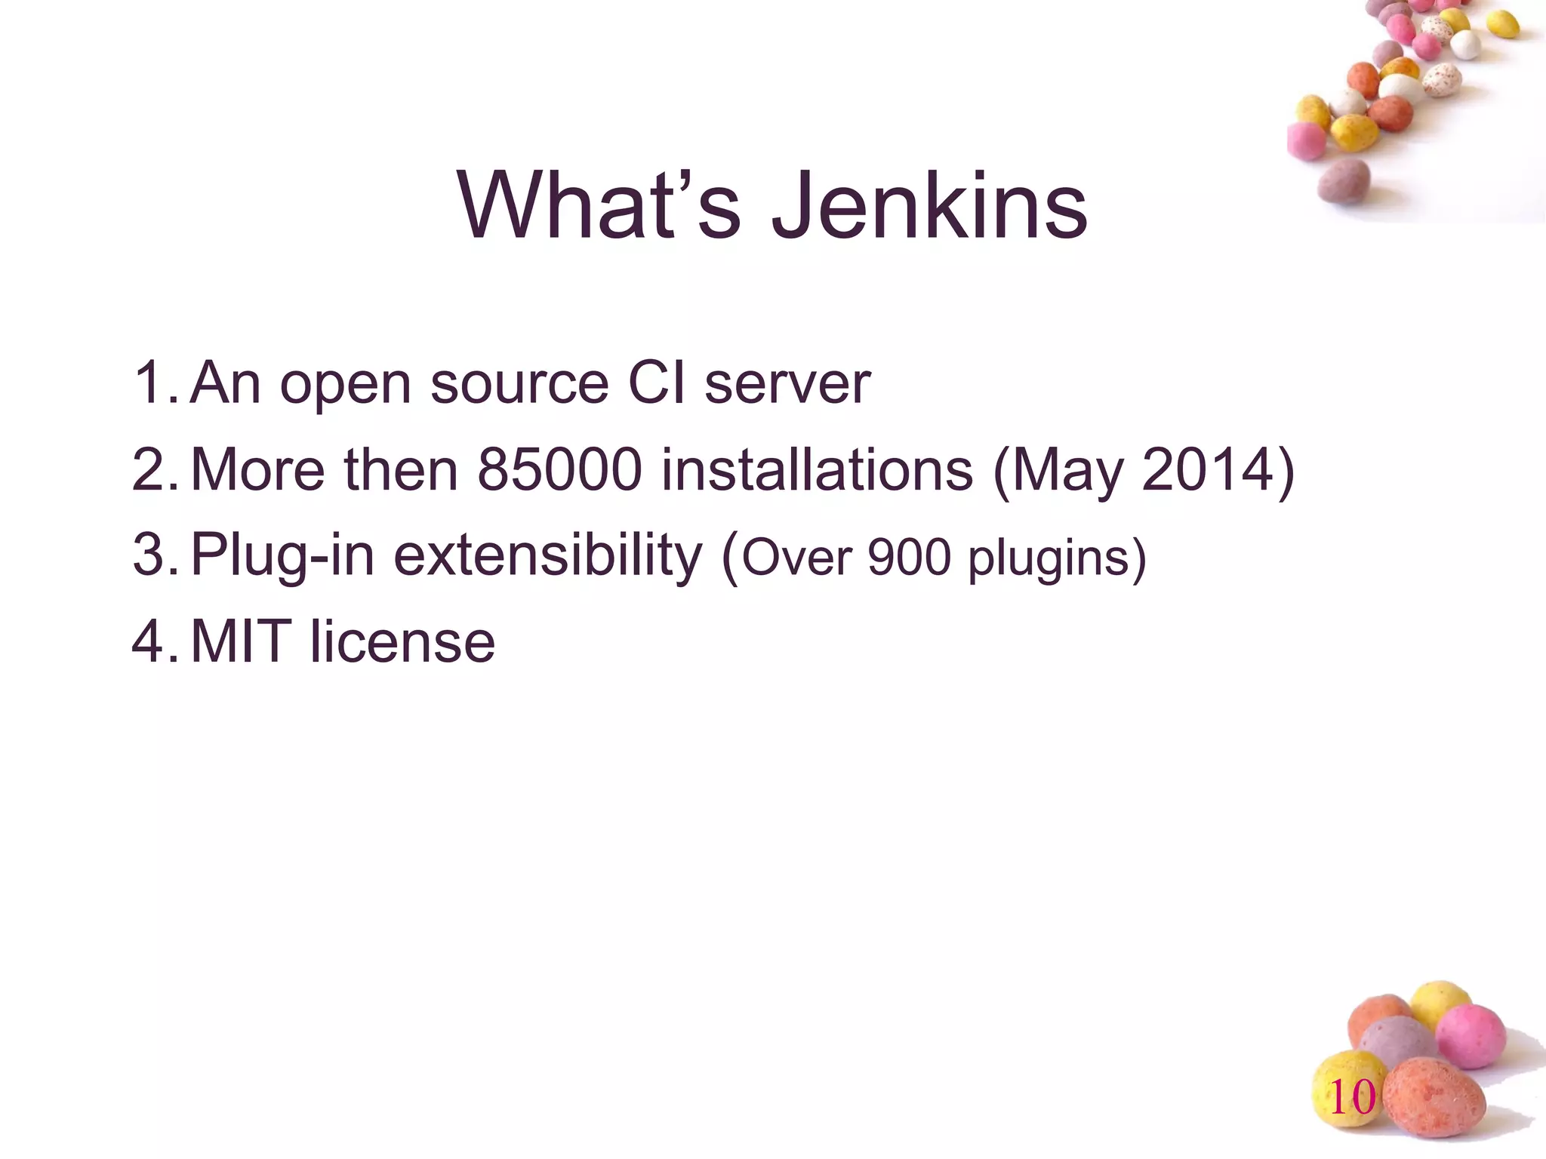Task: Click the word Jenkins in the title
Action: pos(929,206)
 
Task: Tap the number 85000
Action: pos(560,470)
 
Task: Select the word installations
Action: pos(817,470)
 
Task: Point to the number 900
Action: pos(910,558)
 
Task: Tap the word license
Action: pos(402,642)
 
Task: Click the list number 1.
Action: pos(150,383)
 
